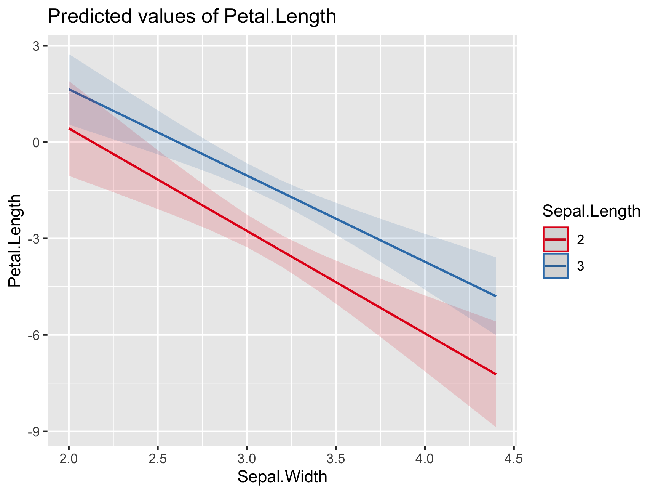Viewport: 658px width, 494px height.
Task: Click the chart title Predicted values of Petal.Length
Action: pos(192,17)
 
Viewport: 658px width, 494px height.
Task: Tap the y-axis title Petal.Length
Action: pos(15,241)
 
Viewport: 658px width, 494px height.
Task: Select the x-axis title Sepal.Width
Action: pos(282,477)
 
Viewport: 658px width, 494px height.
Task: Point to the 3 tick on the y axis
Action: pos(37,46)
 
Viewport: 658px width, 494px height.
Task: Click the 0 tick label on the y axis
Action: pos(37,143)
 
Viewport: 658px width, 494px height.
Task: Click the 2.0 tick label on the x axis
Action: pos(69,459)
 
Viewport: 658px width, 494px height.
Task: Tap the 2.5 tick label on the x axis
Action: pos(158,459)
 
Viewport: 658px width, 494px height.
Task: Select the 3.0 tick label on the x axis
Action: pos(247,459)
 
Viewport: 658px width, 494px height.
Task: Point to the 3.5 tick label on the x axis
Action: pos(336,459)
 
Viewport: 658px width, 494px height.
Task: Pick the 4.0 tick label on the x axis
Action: pos(425,459)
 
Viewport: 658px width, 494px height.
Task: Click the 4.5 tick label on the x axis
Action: pos(514,459)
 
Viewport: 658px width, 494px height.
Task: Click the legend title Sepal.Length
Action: pos(591,211)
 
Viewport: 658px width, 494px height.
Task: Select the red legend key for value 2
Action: pos(556,239)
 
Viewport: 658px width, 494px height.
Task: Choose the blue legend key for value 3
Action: pos(556,266)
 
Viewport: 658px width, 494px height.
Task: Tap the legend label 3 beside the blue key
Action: pos(580,266)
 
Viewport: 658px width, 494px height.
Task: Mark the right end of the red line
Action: pos(496,374)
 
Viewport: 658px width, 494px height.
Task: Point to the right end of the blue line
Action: pos(496,296)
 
